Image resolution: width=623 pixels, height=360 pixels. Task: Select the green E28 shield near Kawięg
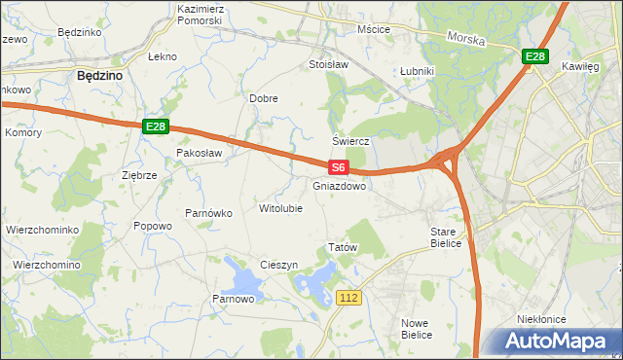click(x=533, y=57)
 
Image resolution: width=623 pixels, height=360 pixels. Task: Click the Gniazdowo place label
click(x=340, y=185)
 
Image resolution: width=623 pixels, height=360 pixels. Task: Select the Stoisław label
click(x=328, y=65)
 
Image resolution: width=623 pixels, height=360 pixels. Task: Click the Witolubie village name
click(x=280, y=208)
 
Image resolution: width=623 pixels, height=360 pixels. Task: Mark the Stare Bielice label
click(x=450, y=238)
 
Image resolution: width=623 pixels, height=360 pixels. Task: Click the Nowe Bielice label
click(x=417, y=328)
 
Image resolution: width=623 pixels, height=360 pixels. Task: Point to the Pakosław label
click(x=199, y=153)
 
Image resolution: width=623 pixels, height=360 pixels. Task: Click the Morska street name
click(x=465, y=38)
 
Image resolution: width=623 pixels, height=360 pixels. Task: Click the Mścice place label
click(x=373, y=29)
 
